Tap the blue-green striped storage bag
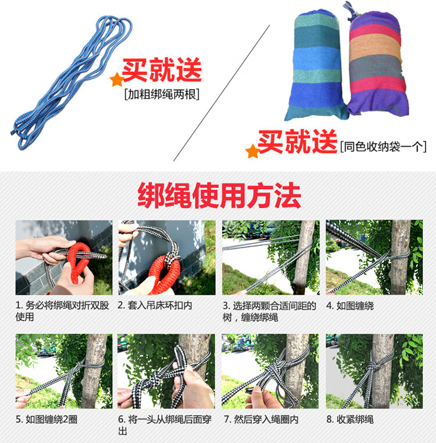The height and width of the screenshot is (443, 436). click(316, 65)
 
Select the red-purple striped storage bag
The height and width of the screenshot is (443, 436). click(377, 63)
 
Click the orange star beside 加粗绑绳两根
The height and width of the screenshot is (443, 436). click(117, 80)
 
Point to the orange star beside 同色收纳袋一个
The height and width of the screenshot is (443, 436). click(252, 151)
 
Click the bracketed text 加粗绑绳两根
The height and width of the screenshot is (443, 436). click(162, 94)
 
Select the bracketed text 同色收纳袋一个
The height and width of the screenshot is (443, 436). click(383, 147)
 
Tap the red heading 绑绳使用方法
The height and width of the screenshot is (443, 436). click(219, 195)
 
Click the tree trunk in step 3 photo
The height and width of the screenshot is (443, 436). click(303, 257)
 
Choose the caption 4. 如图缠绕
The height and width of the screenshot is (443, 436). click(350, 306)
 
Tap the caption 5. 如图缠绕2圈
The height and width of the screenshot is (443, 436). click(47, 419)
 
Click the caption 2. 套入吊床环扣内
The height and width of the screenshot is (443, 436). click(155, 305)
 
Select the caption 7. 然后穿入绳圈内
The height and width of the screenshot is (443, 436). click(261, 420)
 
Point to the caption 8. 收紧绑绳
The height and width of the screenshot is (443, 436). click(350, 419)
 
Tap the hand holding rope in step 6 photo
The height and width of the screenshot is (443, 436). click(192, 387)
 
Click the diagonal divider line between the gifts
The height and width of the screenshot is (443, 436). click(221, 93)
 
